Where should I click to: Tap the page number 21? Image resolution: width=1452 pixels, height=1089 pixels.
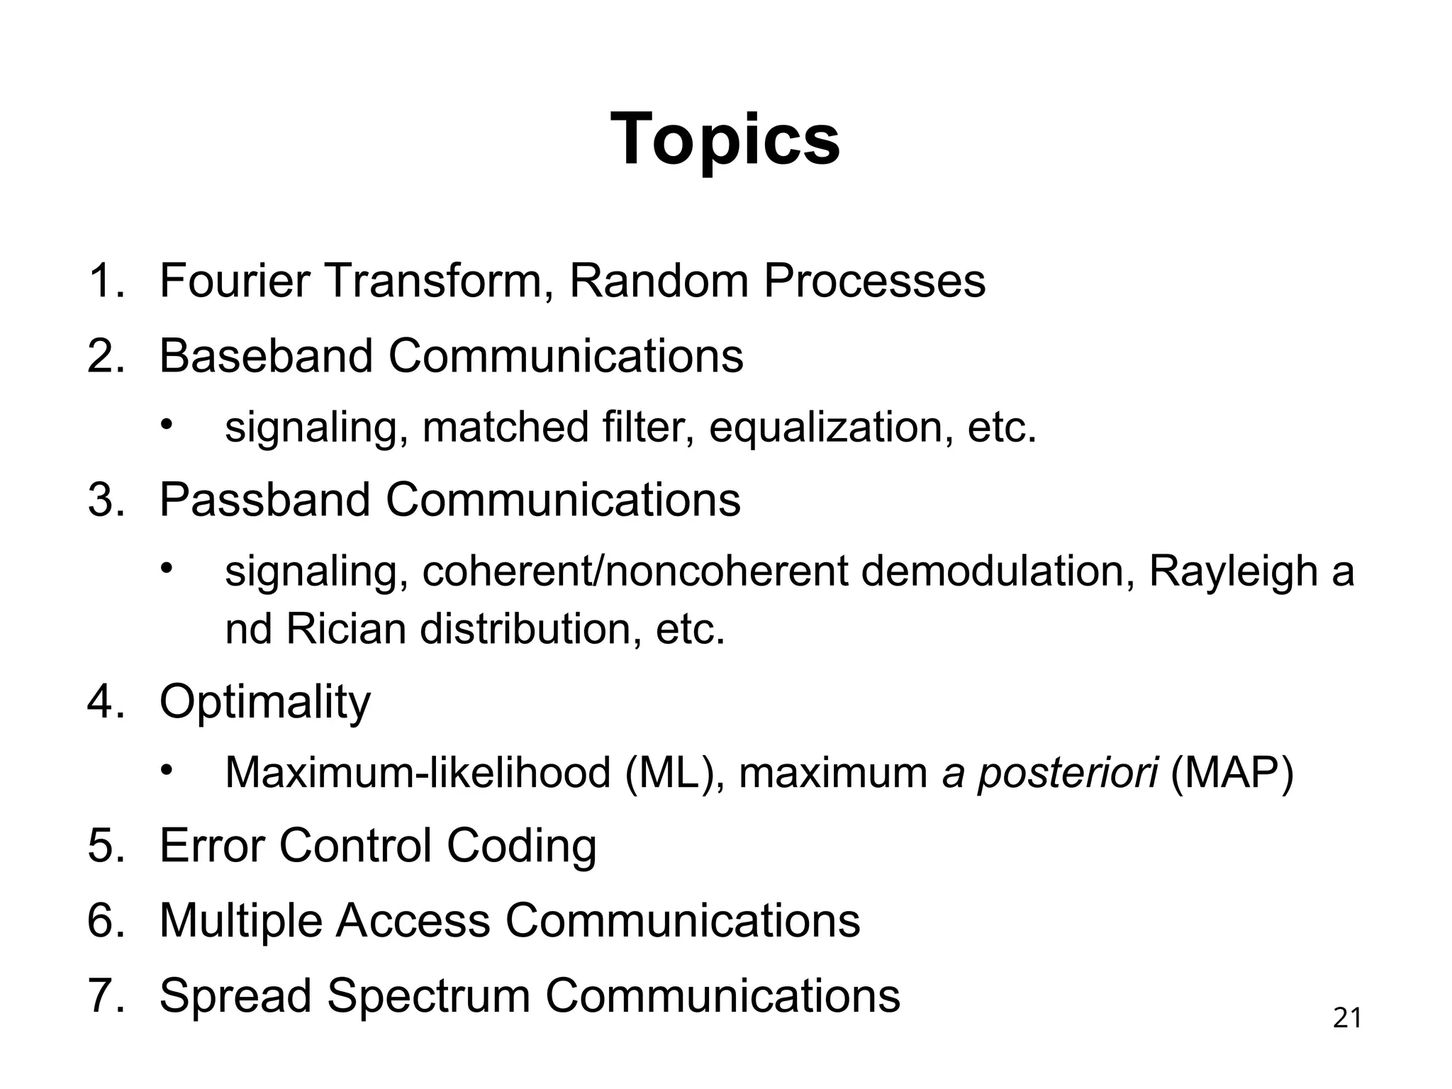click(1347, 1018)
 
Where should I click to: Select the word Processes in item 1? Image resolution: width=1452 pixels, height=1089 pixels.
click(873, 281)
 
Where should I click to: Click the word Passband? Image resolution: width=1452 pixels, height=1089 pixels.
click(264, 499)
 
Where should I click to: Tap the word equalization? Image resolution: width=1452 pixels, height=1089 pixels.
click(830, 428)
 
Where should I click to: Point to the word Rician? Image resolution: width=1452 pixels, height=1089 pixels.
click(345, 629)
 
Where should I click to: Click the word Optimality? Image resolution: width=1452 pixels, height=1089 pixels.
click(264, 702)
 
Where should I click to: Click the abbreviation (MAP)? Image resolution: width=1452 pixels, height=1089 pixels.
click(1232, 773)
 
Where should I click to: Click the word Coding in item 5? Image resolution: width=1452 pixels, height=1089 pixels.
click(521, 846)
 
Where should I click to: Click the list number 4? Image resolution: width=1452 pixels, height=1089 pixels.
click(105, 702)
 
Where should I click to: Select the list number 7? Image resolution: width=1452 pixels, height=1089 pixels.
click(105, 995)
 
